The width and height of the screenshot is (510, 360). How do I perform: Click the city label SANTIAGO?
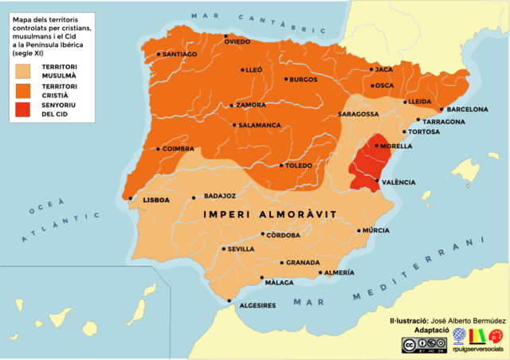point(179,54)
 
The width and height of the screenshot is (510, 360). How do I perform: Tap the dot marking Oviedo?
point(226,36)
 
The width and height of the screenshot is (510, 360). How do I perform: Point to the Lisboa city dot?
point(130,198)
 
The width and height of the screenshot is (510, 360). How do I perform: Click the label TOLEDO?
point(299,166)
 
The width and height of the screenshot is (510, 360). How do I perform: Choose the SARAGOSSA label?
point(358,114)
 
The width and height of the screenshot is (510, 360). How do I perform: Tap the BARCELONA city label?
point(468,109)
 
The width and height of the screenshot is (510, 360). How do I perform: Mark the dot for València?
point(377,182)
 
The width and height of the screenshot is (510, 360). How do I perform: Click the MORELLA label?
point(397,147)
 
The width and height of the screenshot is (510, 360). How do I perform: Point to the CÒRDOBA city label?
point(284,235)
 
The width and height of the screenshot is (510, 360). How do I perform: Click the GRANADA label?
point(303,263)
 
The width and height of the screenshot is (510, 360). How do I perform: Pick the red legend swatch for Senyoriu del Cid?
point(25,110)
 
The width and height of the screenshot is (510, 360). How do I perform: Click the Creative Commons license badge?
point(422,345)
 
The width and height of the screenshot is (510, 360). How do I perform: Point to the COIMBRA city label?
point(177,148)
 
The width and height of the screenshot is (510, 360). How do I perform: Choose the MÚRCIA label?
point(375,230)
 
